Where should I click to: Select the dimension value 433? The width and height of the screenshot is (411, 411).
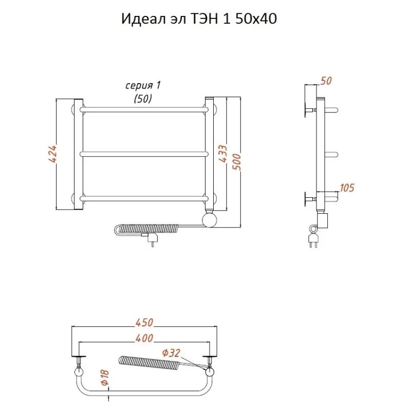[x=224, y=153]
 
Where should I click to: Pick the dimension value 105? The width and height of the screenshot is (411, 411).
[x=347, y=188]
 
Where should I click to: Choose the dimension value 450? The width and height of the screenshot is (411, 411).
[x=144, y=322]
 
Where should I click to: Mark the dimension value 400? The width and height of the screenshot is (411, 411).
[x=144, y=339]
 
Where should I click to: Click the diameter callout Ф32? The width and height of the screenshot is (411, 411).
[x=172, y=352]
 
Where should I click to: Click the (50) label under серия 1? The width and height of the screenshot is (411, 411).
[x=143, y=99]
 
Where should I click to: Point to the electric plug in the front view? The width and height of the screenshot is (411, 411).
[x=152, y=239]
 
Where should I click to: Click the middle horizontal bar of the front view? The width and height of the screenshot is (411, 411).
[x=144, y=153]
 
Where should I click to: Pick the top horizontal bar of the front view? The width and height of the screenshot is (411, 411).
[x=144, y=109]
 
